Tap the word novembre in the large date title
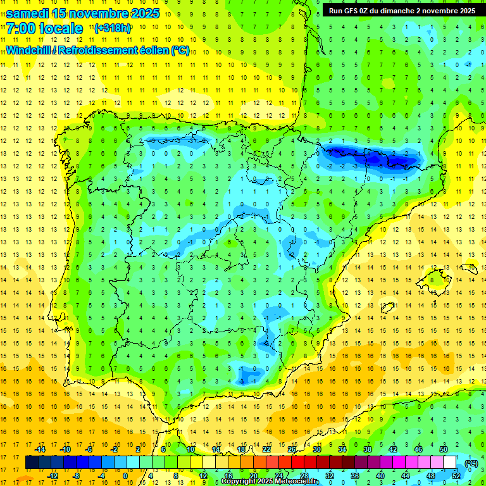point(97,13)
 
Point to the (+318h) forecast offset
point(113,28)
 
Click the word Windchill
point(27,50)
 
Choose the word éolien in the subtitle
point(149,50)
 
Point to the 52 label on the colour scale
point(456,476)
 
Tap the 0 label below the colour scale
point(125,476)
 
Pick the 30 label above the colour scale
point(316,449)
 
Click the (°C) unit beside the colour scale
point(471,463)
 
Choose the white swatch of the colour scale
point(450,463)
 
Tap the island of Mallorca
point(436,278)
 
